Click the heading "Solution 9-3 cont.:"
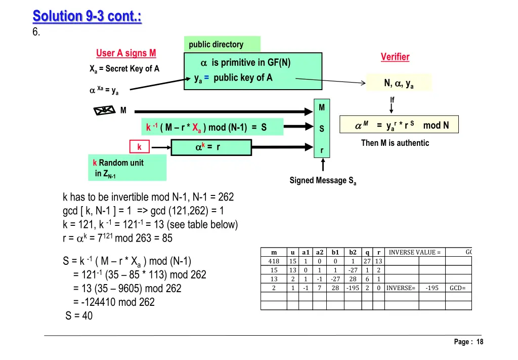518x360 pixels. [87, 16]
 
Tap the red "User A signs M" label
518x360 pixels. [126, 53]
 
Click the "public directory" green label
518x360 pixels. [216, 45]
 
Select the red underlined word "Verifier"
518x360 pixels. [395, 57]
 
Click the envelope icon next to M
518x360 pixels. [105, 110]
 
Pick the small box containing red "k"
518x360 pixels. [140, 147]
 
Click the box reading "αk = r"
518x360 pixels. [211, 147]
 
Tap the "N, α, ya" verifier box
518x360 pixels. [399, 83]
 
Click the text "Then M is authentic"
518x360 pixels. [395, 143]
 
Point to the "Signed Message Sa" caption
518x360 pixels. [323, 181]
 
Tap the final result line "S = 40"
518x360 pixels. [79, 316]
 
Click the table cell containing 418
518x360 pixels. [274, 261]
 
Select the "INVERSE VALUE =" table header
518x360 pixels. [414, 253]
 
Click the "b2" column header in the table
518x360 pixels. [353, 253]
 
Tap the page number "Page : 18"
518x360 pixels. [468, 342]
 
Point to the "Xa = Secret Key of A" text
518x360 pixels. [124, 69]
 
